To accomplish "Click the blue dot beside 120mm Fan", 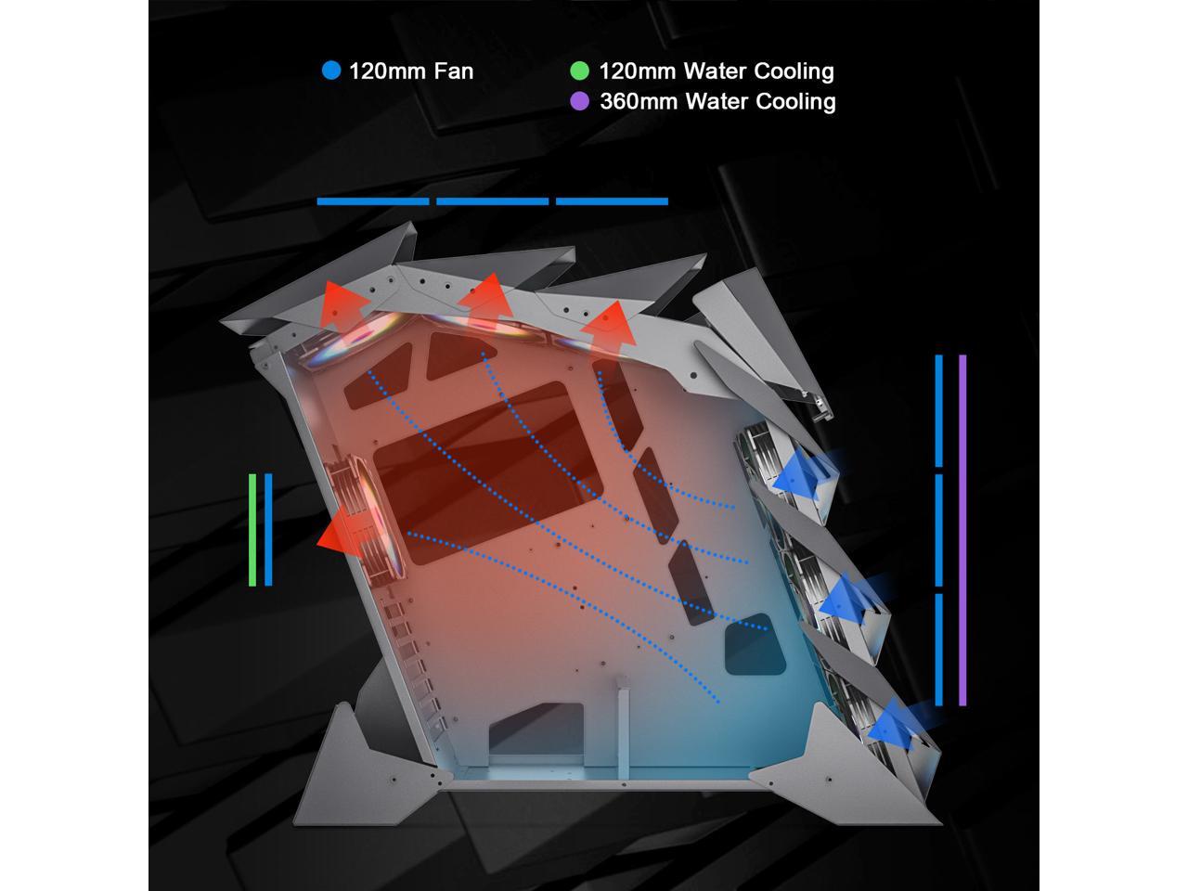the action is click(331, 71).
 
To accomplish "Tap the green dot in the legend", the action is click(579, 71).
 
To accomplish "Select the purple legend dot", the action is click(579, 101).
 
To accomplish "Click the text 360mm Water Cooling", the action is click(717, 101).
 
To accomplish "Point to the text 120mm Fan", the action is click(410, 71).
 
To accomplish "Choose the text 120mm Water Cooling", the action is click(716, 71).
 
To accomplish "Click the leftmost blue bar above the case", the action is click(372, 201).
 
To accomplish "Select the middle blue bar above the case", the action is click(492, 201).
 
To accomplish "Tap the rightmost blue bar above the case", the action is click(612, 201).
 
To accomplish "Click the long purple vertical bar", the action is click(962, 529).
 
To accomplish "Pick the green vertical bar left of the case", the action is click(252, 529).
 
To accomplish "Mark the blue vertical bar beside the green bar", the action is click(268, 529).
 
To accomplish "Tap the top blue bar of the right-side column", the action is click(939, 409).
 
